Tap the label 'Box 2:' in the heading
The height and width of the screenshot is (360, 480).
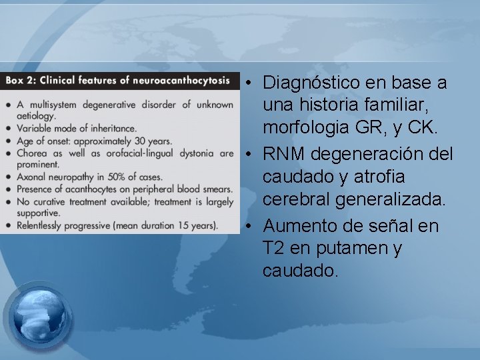tap(21, 81)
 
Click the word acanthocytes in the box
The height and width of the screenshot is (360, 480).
tap(92, 189)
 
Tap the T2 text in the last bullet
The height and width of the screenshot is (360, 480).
tap(273, 249)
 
